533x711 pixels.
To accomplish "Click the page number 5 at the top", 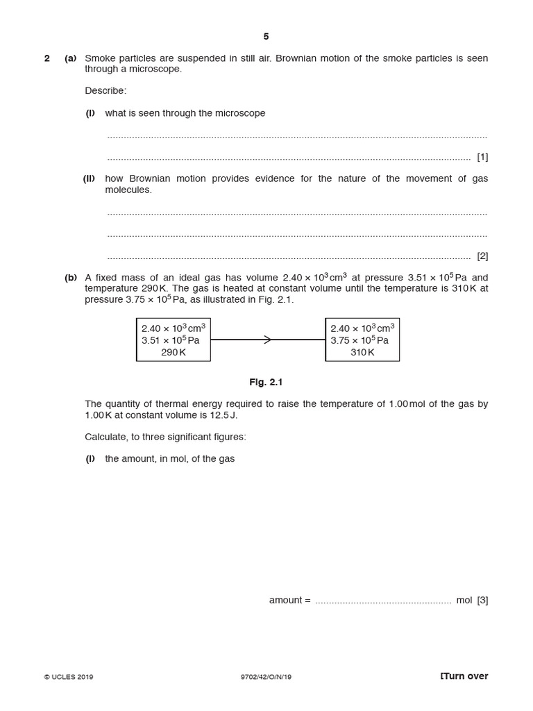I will coord(266,37).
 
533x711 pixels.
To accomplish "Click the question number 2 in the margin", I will coord(47,58).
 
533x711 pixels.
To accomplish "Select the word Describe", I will coord(105,91).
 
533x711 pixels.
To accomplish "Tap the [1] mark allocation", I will coord(482,157).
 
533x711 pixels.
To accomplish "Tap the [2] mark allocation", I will coord(482,256).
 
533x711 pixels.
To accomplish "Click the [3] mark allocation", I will coord(482,600).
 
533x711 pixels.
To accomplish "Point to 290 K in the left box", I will coord(174,352).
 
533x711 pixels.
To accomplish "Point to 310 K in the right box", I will coord(362,352).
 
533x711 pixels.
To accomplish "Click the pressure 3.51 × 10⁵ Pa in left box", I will coord(171,340).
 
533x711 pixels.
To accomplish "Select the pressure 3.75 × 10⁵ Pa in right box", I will coord(359,340).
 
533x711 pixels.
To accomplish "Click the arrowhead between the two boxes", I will coord(268,340).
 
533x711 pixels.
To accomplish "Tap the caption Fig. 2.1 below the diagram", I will coord(266,382).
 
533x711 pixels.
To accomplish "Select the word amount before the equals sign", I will coord(285,600).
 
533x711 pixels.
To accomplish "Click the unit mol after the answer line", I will coord(464,600).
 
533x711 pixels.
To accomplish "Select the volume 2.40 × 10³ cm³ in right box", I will coord(362,328).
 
